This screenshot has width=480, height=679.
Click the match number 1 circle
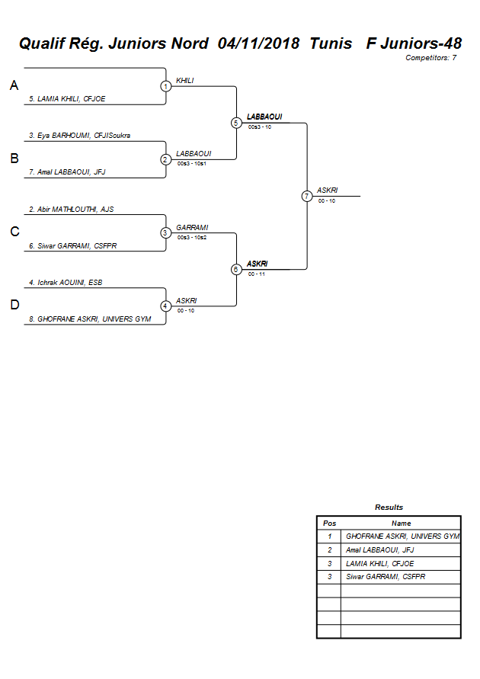165,86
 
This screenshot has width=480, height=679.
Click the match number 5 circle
236,123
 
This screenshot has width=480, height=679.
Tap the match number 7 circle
307,196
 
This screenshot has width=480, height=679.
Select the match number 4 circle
165,306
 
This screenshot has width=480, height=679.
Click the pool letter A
14,86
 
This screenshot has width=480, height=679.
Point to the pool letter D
14,306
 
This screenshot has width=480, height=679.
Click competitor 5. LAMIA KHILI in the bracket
67,99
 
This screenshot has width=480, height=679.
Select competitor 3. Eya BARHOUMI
79,136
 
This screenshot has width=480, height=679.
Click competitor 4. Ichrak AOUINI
66,283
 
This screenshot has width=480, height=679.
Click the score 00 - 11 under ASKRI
257,274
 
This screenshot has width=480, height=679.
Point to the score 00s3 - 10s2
192,237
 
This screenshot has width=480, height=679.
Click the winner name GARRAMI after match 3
192,228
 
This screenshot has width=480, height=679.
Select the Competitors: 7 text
431,58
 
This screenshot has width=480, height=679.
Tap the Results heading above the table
389,508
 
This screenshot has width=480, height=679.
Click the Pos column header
329,524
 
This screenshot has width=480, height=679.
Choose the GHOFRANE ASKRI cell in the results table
402,536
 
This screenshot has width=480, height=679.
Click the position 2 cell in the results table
329,550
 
